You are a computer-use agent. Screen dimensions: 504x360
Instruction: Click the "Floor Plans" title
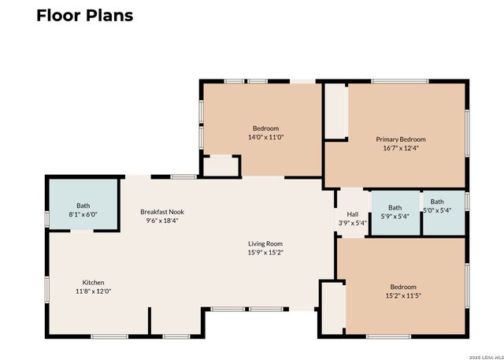point(84,16)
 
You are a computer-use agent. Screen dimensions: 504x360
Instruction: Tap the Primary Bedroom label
point(401,139)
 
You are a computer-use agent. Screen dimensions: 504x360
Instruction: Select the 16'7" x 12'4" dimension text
point(401,148)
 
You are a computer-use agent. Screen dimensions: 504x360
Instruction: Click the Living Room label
point(265,243)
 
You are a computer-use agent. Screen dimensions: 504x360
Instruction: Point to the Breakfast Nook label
point(162,212)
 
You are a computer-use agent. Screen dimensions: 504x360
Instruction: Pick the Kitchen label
point(93,283)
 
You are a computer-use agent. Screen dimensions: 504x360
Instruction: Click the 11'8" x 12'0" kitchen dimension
point(93,291)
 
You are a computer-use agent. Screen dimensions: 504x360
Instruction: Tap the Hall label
point(353,214)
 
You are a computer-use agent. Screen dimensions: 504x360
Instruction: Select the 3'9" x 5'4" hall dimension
point(353,223)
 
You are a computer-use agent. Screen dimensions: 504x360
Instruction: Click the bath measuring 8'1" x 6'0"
point(83,206)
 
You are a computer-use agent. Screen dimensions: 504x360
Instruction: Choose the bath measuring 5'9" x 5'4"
point(395,213)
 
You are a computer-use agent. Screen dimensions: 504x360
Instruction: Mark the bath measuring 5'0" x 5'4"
point(444,213)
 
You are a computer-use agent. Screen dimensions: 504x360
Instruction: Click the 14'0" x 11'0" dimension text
point(265,137)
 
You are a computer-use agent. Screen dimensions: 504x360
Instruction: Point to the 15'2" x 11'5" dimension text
point(403,295)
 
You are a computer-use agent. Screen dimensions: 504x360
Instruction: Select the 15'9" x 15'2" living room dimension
point(265,253)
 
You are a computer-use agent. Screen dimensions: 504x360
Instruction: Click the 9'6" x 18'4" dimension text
point(162,221)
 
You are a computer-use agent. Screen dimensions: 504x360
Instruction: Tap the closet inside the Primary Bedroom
point(335,111)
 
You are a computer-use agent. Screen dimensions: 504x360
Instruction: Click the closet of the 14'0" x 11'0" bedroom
point(220,166)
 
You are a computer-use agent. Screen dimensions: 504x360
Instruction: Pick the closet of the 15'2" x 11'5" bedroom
point(332,308)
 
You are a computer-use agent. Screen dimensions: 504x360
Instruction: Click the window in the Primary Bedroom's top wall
point(400,81)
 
